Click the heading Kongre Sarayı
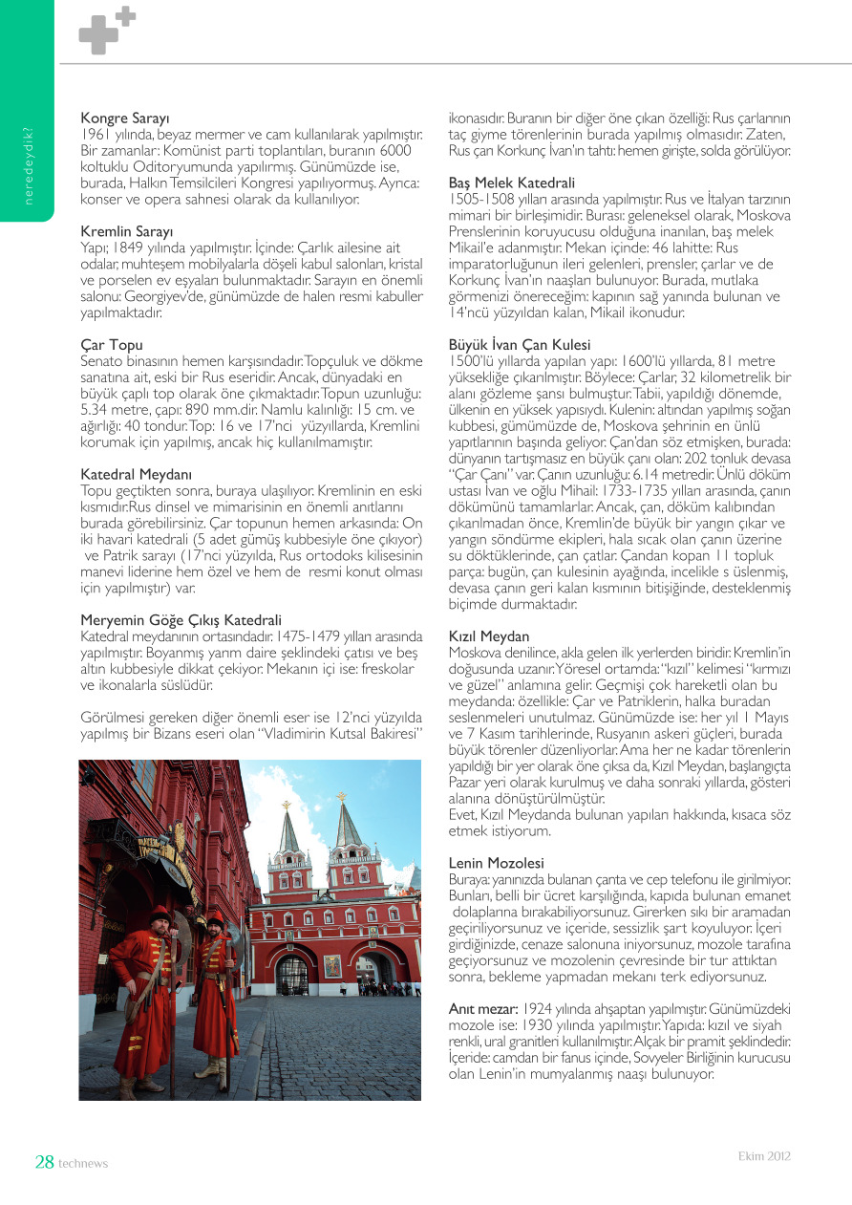[125, 118]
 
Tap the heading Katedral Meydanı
[137, 474]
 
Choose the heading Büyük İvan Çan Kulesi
[520, 344]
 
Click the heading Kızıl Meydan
[489, 635]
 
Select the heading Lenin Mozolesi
[496, 862]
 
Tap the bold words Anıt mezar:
[483, 1009]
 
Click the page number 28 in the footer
[44, 1162]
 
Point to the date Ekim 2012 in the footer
[764, 1156]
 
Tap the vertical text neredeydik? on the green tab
[29, 166]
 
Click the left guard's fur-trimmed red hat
[160, 914]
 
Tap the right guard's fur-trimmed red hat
[217, 918]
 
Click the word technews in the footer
[83, 1164]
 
